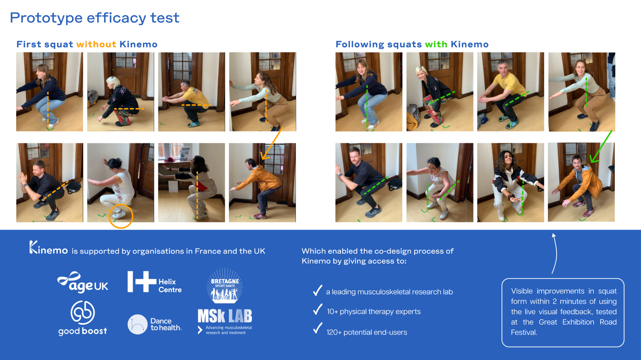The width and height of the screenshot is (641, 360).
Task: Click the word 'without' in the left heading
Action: click(96, 44)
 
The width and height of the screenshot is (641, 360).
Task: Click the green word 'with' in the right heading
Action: click(436, 44)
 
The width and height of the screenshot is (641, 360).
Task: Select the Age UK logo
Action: click(83, 282)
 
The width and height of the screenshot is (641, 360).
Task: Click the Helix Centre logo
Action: click(155, 282)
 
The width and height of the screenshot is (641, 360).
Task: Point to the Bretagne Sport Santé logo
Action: click(225, 285)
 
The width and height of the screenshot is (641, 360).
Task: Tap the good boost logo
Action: click(83, 318)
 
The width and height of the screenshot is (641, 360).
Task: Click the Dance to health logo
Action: click(155, 324)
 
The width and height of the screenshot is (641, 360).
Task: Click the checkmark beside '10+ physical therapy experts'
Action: click(317, 309)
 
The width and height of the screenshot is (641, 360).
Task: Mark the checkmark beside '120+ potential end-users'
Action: click(317, 328)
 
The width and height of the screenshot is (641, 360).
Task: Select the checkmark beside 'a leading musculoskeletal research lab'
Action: click(317, 290)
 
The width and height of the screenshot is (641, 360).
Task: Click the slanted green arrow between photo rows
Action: click(601, 146)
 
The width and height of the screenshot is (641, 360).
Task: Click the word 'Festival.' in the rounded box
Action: click(524, 332)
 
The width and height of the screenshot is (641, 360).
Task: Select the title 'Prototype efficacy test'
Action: click(95, 18)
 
